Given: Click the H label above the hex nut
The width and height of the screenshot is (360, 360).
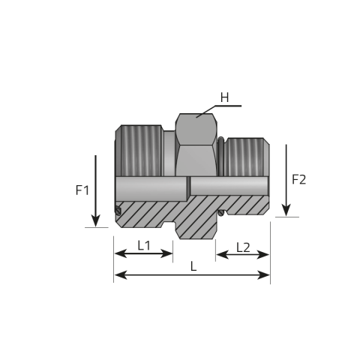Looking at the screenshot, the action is point(224,97).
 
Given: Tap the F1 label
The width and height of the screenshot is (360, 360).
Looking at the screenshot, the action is point(82,190).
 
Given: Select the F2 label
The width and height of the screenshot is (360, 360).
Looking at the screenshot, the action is point(299,179).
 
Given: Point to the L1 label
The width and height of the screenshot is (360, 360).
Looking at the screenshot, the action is point(144,245).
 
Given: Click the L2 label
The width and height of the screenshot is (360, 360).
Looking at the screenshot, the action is point(243,247).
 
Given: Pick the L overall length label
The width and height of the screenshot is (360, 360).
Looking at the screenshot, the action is point(193,266).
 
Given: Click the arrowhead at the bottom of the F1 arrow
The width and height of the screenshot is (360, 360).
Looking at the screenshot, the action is point(95,221).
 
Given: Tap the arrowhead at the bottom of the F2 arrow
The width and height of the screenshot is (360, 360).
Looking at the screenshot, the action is point(286,210).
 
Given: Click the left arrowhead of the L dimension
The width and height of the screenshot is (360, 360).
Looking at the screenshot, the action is point(121,275).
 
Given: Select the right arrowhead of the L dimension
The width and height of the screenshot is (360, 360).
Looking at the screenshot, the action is point(263,275).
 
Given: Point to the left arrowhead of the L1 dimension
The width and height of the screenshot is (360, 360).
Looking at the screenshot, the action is point(121,253).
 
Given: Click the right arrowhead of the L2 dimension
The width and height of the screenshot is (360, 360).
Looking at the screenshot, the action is point(262,255).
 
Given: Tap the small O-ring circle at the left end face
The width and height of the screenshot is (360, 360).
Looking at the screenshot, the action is point(118,211).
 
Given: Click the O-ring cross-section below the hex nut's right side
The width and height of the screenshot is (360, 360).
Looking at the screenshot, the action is point(220,213).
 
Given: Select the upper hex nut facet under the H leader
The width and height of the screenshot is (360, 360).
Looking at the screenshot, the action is point(196,129).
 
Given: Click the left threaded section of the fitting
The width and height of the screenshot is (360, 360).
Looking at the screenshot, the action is point(141,151).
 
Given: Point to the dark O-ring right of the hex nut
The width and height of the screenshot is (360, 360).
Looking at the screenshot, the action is point(220,156).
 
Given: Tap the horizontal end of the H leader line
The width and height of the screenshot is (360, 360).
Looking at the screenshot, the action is point(241,106).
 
